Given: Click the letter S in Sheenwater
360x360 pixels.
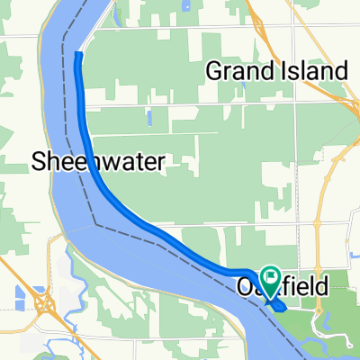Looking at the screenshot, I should [x=39, y=163].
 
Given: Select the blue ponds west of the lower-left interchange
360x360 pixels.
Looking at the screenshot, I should [x=21, y=292].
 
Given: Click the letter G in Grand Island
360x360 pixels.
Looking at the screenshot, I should [x=214, y=70].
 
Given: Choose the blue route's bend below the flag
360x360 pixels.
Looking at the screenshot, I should [x=279, y=307].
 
